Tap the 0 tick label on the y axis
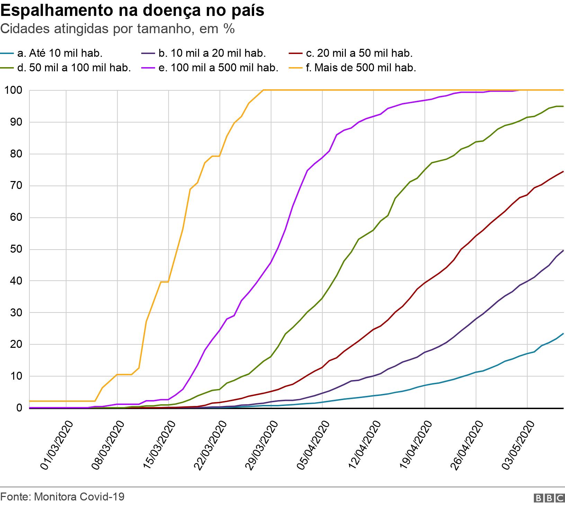pos(19,408)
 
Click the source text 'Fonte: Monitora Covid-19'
pos(62,497)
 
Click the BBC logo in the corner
pos(549,498)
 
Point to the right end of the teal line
pos(563,334)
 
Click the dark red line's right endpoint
pos(563,171)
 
